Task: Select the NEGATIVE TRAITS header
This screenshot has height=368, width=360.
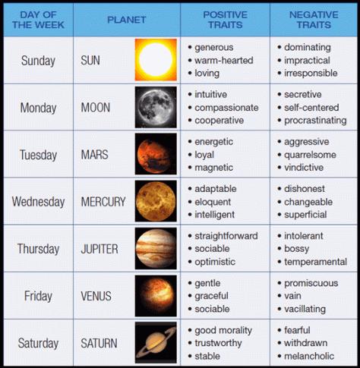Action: point(314,20)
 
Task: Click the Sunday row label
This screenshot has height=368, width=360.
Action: point(39,60)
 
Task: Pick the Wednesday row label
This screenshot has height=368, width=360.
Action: point(39,202)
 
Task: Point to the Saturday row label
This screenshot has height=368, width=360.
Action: point(39,343)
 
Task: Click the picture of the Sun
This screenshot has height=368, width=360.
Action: point(156,59)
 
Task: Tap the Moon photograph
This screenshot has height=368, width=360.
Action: point(156,107)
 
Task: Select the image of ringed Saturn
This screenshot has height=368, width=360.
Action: point(156,343)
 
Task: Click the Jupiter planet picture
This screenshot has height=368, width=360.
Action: point(156,248)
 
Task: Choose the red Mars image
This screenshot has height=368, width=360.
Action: point(156,154)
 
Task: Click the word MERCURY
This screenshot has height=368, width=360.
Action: point(103,202)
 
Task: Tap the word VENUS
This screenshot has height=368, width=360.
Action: point(96,296)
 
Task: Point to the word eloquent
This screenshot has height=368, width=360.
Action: point(214,202)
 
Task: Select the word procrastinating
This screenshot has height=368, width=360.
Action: point(316,120)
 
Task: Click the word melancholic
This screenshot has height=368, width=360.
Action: point(311,356)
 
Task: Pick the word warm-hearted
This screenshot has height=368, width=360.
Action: point(223,60)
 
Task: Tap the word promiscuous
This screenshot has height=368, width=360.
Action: point(312,282)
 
